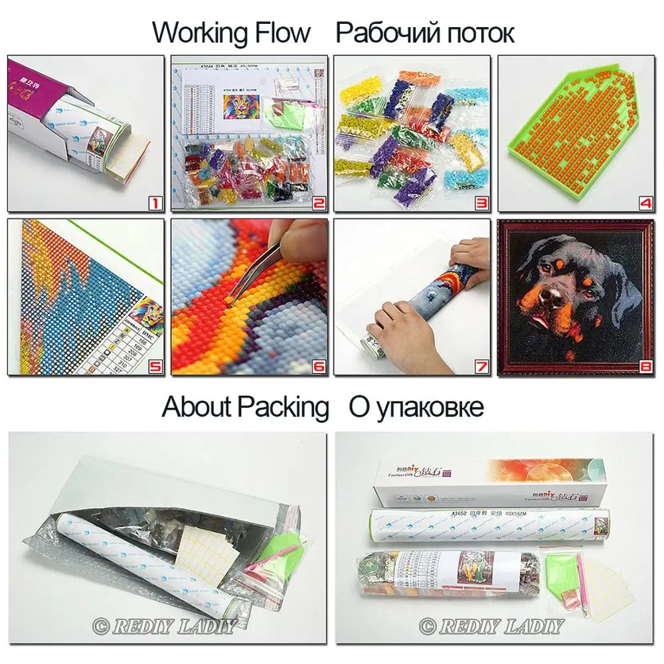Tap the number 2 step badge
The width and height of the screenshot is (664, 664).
click(x=318, y=202)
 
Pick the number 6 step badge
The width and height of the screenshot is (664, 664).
click(x=318, y=366)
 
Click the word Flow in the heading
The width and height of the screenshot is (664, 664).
click(x=280, y=32)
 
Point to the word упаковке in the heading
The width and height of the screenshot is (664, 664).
click(x=430, y=406)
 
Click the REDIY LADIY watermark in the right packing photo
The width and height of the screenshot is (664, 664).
click(x=491, y=625)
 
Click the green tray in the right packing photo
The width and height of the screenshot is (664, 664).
click(x=561, y=570)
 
